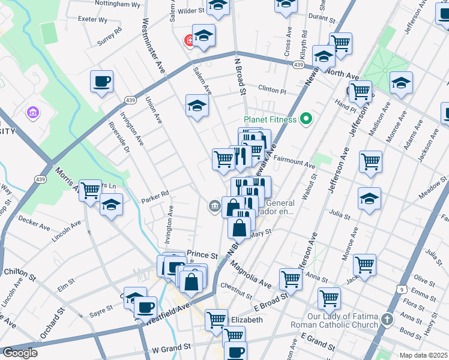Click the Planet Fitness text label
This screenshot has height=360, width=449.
click(271, 119)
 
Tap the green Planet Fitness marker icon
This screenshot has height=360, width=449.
click(306, 119)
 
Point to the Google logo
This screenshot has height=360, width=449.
click(20, 353)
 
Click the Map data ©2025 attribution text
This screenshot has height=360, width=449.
click(423, 355)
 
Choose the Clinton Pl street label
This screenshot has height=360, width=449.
click(272, 89)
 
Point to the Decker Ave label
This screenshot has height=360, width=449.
click(34, 223)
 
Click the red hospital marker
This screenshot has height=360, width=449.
click(190, 40)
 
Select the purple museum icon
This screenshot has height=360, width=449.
click(32, 112)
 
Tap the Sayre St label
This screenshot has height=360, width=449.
click(101, 310)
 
